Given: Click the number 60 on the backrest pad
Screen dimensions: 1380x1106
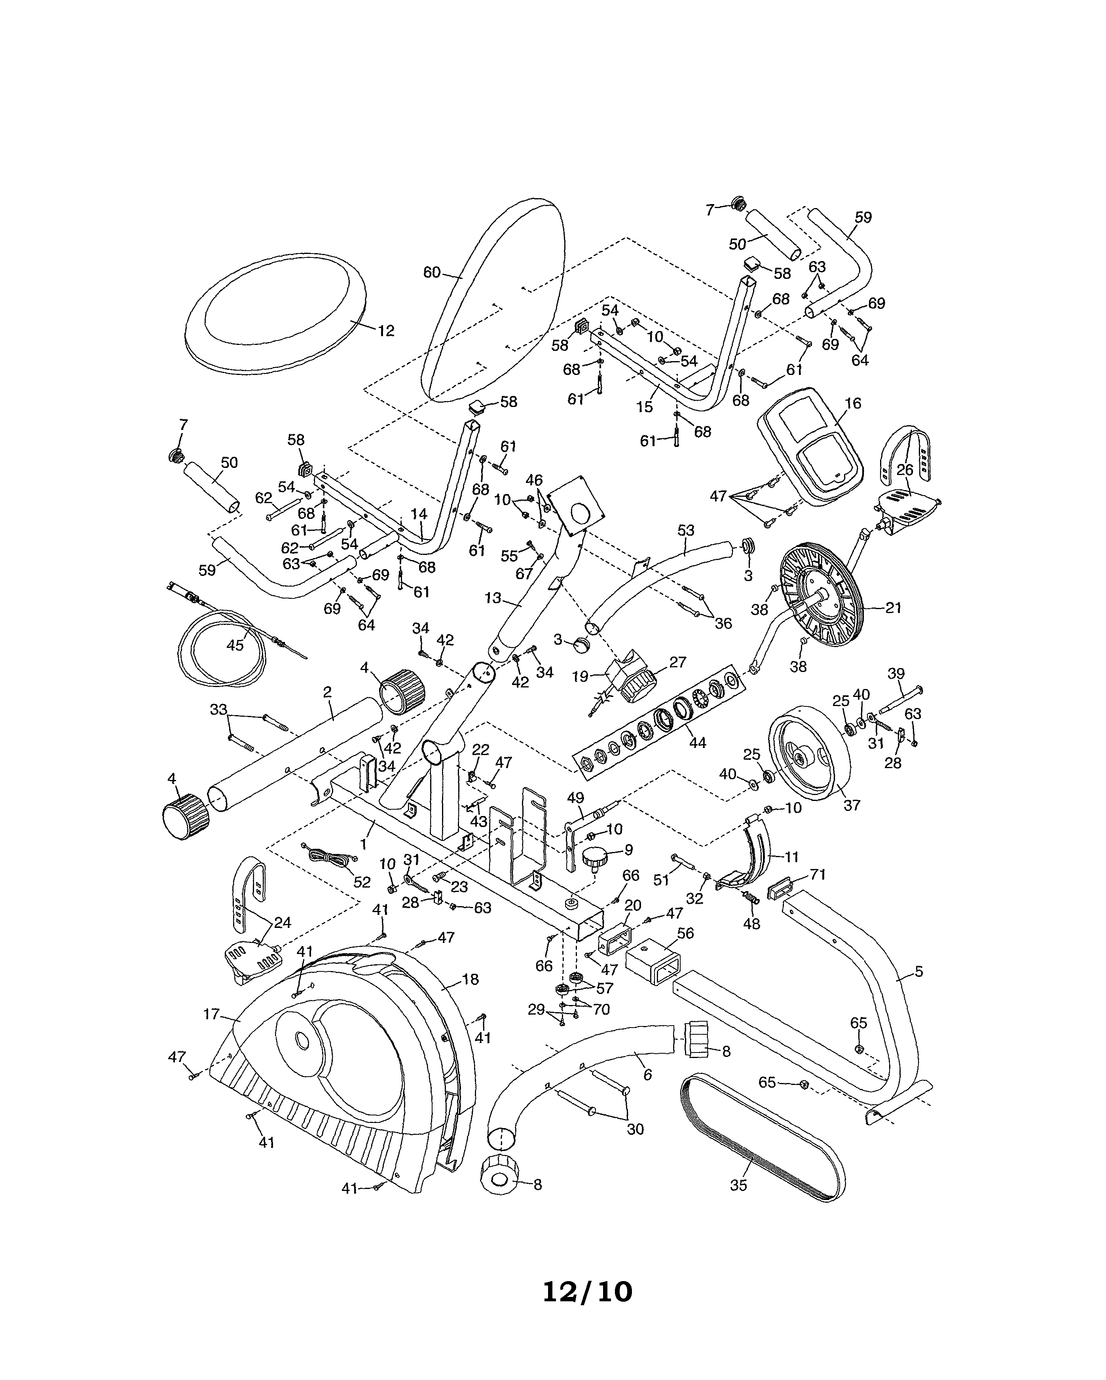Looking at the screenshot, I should [432, 273].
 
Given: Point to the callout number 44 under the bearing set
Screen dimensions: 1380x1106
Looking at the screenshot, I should [697, 742].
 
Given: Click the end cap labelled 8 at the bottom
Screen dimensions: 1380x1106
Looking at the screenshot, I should [498, 1179].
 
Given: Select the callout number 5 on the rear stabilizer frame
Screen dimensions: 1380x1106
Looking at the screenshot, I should [918, 972].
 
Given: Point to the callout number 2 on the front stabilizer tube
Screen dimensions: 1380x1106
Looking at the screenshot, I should [327, 692].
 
